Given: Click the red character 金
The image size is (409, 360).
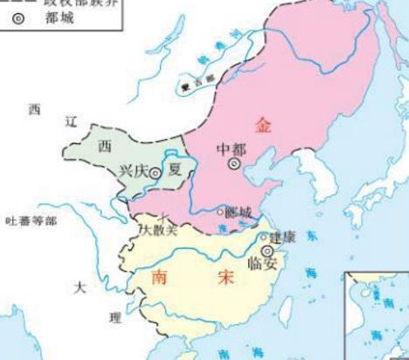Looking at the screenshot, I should click(263, 126).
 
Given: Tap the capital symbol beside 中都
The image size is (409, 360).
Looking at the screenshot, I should click(234, 163).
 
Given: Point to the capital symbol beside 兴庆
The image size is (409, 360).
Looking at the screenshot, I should click(155, 174).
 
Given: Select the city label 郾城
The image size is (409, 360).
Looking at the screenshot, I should click(238, 212).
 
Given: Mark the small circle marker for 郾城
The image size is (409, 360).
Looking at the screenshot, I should click(220, 212).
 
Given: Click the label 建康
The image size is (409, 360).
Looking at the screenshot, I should click(282, 237).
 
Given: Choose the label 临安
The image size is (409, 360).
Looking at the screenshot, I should click(262, 264).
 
